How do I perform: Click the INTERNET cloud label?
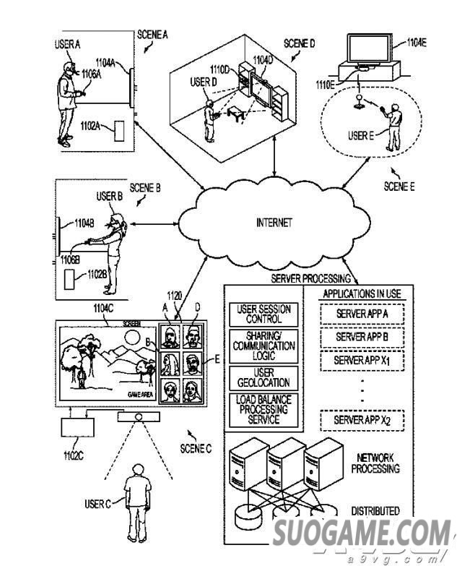click(x=274, y=223)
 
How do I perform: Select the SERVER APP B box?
click(x=361, y=338)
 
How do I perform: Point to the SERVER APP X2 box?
click(x=361, y=420)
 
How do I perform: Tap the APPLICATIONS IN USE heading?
click(x=361, y=294)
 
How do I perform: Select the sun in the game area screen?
click(x=131, y=338)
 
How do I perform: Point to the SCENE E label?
click(x=399, y=186)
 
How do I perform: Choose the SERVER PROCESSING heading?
click(x=310, y=278)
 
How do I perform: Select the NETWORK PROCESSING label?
click(x=375, y=463)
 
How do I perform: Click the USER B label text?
click(x=110, y=196)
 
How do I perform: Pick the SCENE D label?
click(x=299, y=44)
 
